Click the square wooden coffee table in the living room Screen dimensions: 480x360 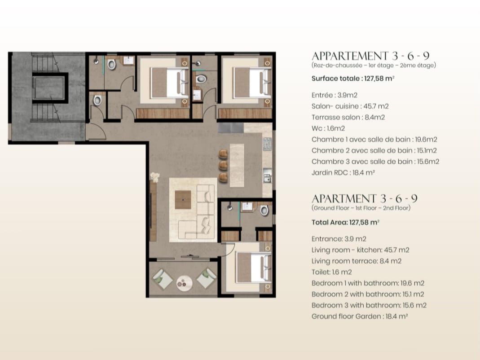click(x=183, y=200)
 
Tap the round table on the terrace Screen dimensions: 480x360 click(x=184, y=283)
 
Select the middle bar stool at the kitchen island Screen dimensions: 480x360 click(x=223, y=165)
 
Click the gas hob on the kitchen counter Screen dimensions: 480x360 click(x=267, y=144)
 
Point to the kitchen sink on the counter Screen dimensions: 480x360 click(x=267, y=176)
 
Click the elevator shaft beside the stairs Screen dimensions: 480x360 click(x=48, y=88)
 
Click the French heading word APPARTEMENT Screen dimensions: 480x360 click(x=350, y=56)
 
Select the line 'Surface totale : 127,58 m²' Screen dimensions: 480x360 click(x=352, y=79)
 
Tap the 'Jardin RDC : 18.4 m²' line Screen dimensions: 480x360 click(x=343, y=172)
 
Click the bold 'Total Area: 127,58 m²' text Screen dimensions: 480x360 click(x=345, y=222)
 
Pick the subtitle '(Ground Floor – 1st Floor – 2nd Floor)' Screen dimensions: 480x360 click(x=361, y=208)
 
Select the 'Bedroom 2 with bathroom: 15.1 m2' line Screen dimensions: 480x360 click(x=368, y=294)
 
